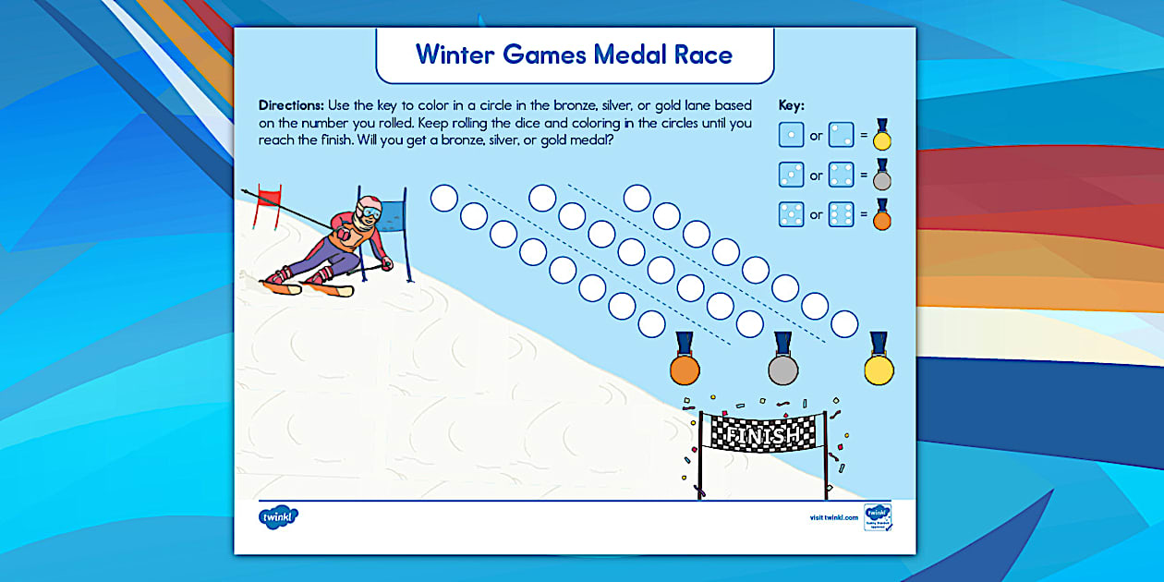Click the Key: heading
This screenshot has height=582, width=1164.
(792, 105)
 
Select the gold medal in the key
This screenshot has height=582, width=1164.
(882, 137)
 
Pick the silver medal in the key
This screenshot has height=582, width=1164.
(882, 176)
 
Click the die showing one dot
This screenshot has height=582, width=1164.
(792, 135)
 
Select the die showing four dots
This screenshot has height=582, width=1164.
(840, 175)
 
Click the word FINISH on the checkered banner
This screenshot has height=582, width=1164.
(763, 434)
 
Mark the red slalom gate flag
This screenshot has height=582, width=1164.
(269, 196)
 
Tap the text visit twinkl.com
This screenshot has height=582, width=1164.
(832, 517)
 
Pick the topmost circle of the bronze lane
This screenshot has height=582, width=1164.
(444, 198)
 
